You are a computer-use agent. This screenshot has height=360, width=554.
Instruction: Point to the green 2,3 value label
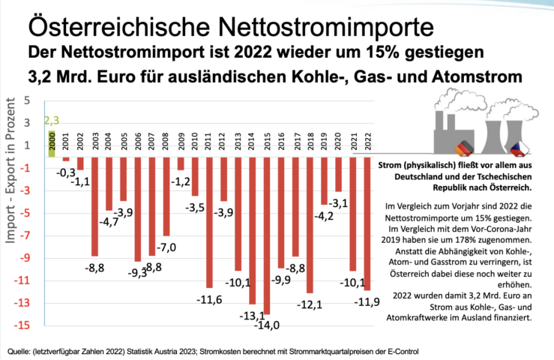tap(52, 120)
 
